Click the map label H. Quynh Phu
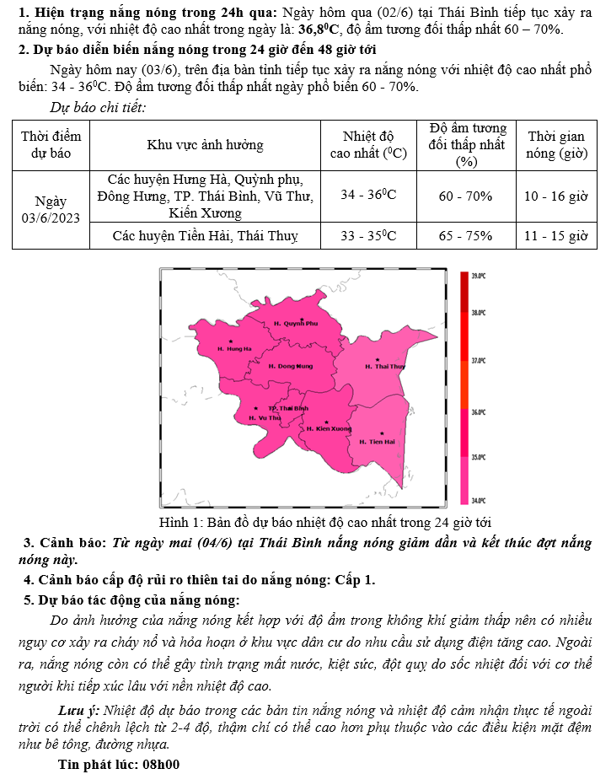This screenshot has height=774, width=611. click(x=295, y=323)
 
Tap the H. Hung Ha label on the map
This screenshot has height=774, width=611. click(x=234, y=348)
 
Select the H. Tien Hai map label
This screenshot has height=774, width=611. click(x=377, y=442)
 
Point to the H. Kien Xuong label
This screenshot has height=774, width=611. click(x=329, y=429)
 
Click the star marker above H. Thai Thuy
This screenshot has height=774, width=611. click(x=377, y=359)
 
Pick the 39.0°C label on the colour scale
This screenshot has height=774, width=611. click(x=479, y=276)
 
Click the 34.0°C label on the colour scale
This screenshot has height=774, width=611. click(x=479, y=500)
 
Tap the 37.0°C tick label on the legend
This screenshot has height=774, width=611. click(x=479, y=360)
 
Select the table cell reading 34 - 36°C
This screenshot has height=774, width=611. click(x=368, y=196)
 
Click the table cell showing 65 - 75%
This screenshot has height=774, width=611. click(x=465, y=235)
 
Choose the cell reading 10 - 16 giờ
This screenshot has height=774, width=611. click(x=555, y=196)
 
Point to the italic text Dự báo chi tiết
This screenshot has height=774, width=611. click(x=98, y=107)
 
